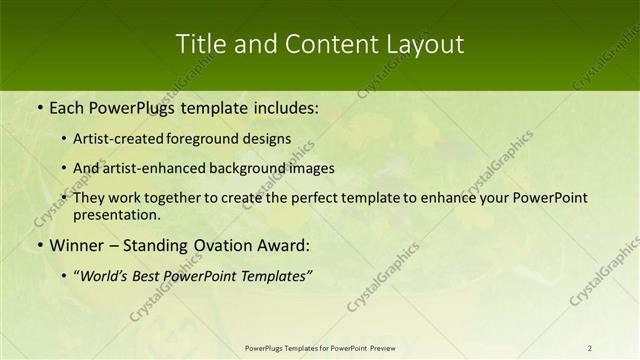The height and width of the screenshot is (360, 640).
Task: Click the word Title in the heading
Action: (x=198, y=44)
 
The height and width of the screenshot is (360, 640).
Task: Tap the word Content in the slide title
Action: (x=323, y=44)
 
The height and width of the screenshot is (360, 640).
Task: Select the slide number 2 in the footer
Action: (x=590, y=348)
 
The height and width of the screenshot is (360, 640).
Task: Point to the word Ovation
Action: (x=219, y=245)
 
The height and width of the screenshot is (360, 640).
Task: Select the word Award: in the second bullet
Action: (x=283, y=245)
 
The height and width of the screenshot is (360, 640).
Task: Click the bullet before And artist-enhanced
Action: (x=65, y=169)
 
